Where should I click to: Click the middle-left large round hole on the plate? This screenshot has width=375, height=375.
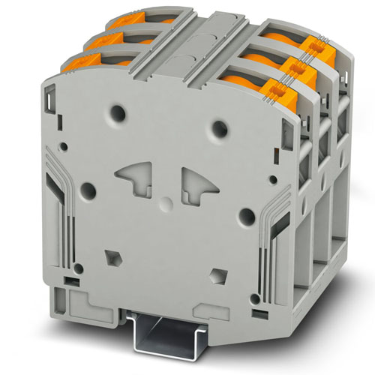coord(87,190)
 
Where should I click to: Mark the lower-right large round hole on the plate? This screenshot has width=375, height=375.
coord(245,217)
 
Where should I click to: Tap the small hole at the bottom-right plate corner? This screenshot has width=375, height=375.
coord(259,298)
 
